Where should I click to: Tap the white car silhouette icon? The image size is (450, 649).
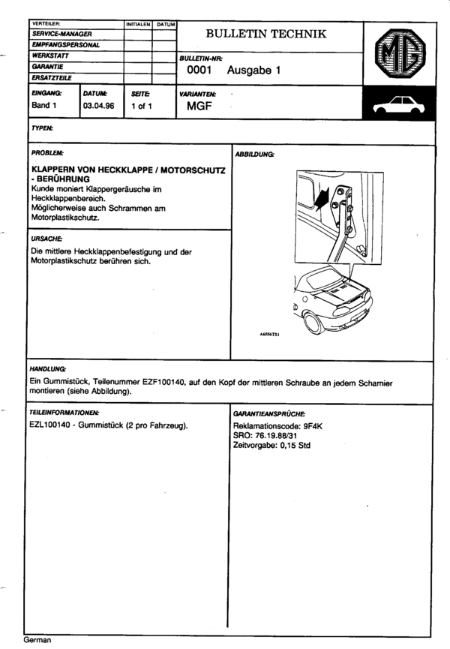pyautogui.click(x=399, y=106)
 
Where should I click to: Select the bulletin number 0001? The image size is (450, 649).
pyautogui.click(x=200, y=71)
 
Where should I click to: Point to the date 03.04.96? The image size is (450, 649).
pyautogui.click(x=99, y=106)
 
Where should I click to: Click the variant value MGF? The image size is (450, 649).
pyautogui.click(x=200, y=107)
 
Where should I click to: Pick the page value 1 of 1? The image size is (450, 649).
pyautogui.click(x=142, y=106)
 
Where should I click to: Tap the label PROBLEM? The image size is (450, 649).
pyautogui.click(x=46, y=152)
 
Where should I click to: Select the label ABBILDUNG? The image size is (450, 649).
pyautogui.click(x=255, y=154)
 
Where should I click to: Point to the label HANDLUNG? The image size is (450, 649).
pyautogui.click(x=47, y=370)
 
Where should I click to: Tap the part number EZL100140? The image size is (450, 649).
pyautogui.click(x=51, y=425)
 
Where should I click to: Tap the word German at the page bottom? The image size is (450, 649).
pyautogui.click(x=37, y=641)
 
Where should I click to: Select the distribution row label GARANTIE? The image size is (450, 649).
pyautogui.click(x=46, y=67)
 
